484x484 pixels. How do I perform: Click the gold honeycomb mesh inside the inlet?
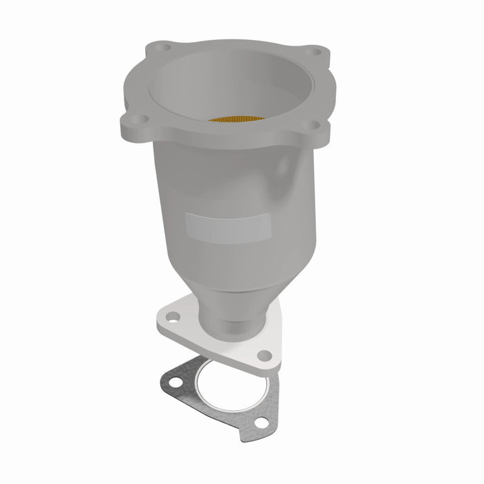coord(236,119)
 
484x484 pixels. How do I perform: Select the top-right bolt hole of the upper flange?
coord(315,52)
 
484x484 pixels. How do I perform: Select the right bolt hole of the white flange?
coord(264,355)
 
